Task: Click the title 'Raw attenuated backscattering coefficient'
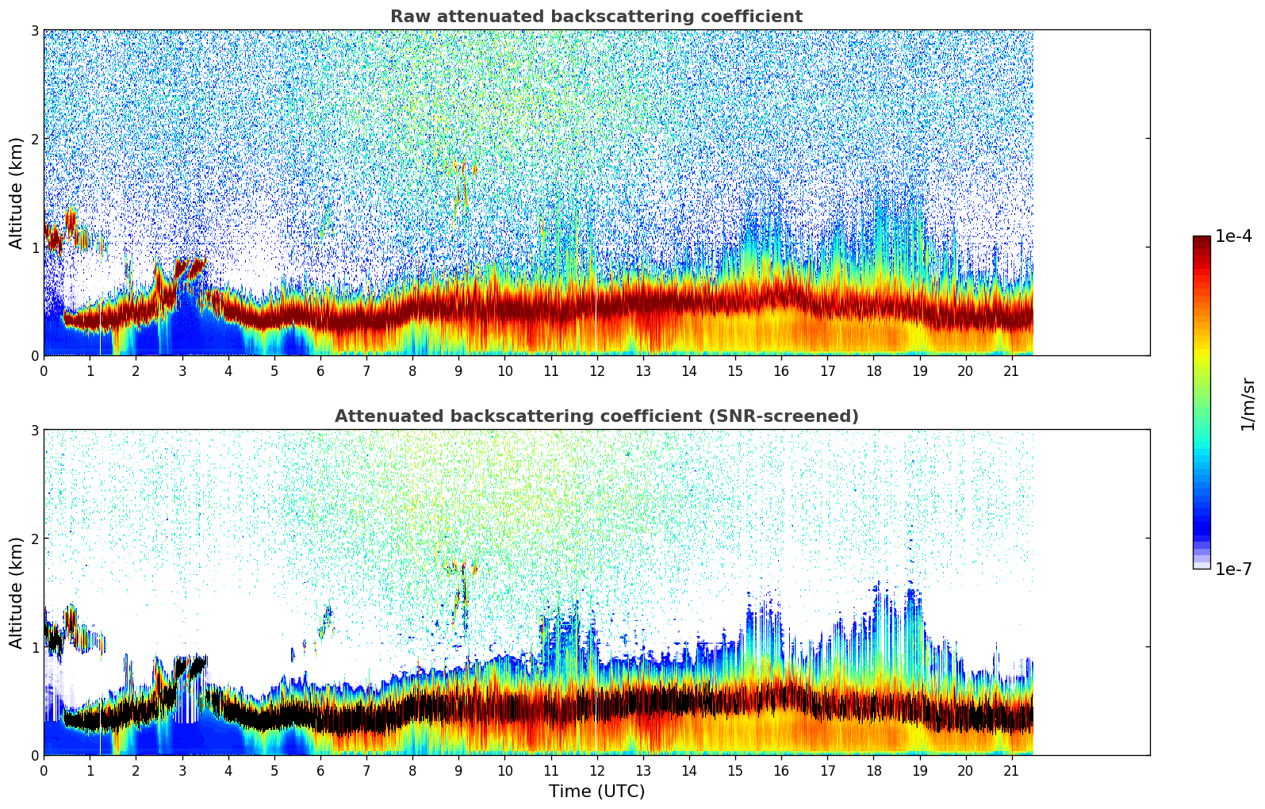tap(596, 17)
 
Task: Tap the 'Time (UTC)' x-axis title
tap(596, 792)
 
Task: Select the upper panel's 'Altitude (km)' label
tap(16, 193)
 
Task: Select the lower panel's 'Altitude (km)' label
tap(16, 592)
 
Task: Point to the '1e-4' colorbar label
tap(1233, 236)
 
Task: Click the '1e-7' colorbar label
tap(1233, 569)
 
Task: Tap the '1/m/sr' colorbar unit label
tap(1248, 404)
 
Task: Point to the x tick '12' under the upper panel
tap(596, 370)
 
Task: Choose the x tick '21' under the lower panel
tap(1011, 770)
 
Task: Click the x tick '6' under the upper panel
tap(320, 370)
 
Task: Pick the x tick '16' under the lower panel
tap(781, 770)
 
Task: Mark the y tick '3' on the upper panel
tap(34, 30)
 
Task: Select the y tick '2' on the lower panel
tap(34, 539)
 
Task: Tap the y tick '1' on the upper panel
tap(34, 247)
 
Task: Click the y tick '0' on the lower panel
tap(34, 756)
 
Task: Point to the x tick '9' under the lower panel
tap(458, 770)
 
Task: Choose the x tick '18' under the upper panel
tap(873, 370)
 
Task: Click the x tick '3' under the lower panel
tap(182, 770)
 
